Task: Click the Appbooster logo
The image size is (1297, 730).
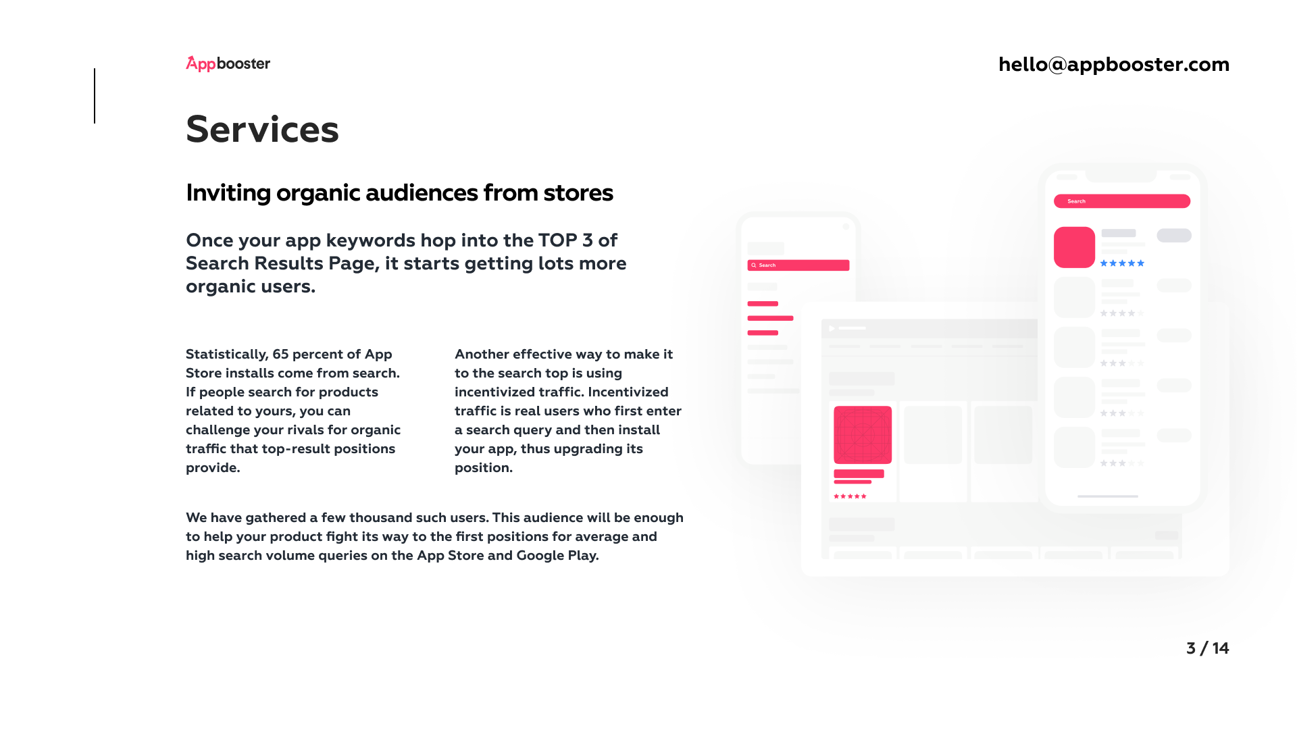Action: point(228,63)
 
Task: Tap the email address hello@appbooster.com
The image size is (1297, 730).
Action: point(1114,64)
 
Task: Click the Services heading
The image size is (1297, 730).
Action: point(262,129)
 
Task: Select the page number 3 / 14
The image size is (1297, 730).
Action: point(1207,648)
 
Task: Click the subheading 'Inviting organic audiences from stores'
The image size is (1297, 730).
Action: point(399,193)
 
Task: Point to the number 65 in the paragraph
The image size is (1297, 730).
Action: point(280,354)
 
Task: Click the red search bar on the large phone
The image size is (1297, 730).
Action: point(1122,201)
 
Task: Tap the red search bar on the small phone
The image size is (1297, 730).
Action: point(798,265)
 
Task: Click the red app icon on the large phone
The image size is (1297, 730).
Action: point(1074,247)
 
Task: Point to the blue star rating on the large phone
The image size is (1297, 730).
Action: point(1122,263)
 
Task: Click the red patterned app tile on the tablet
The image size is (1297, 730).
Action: point(863,435)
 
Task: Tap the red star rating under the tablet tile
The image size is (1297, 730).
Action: point(850,496)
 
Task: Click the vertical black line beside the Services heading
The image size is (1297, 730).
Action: point(95,96)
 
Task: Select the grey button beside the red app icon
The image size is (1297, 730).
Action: point(1174,235)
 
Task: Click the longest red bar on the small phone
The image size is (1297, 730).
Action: point(770,318)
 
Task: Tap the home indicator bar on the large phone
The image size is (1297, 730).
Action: point(1108,496)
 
